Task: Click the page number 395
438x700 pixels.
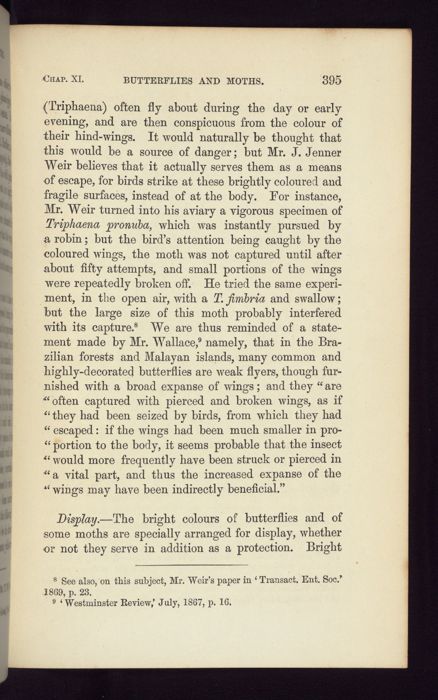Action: [331, 80]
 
